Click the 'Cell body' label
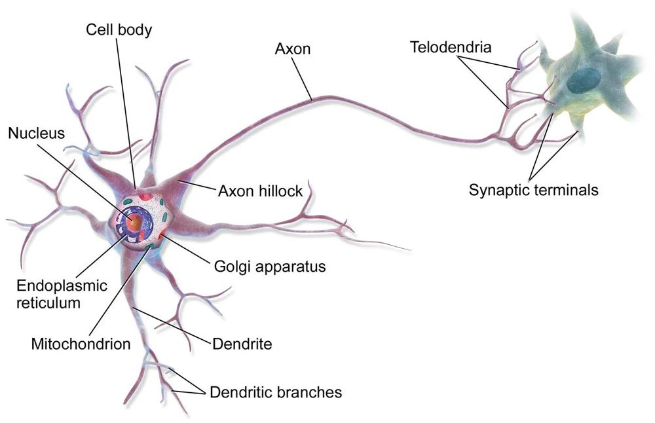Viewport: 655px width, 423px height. [x=119, y=30]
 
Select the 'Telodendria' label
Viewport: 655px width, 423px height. [x=451, y=46]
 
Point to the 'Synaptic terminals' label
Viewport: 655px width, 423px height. [x=533, y=190]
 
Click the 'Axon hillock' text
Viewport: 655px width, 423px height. [x=260, y=191]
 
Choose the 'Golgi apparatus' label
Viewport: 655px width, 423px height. [x=270, y=267]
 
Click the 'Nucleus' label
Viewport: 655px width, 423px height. [x=37, y=134]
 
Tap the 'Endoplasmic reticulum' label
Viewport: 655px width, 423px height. [x=58, y=293]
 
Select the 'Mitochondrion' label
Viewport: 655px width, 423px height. [x=81, y=343]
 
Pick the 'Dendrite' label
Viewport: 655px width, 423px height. [x=242, y=343]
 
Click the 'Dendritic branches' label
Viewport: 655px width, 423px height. [x=275, y=392]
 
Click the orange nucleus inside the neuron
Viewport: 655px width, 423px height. [x=135, y=224]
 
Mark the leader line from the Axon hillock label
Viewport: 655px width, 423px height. [x=197, y=183]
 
